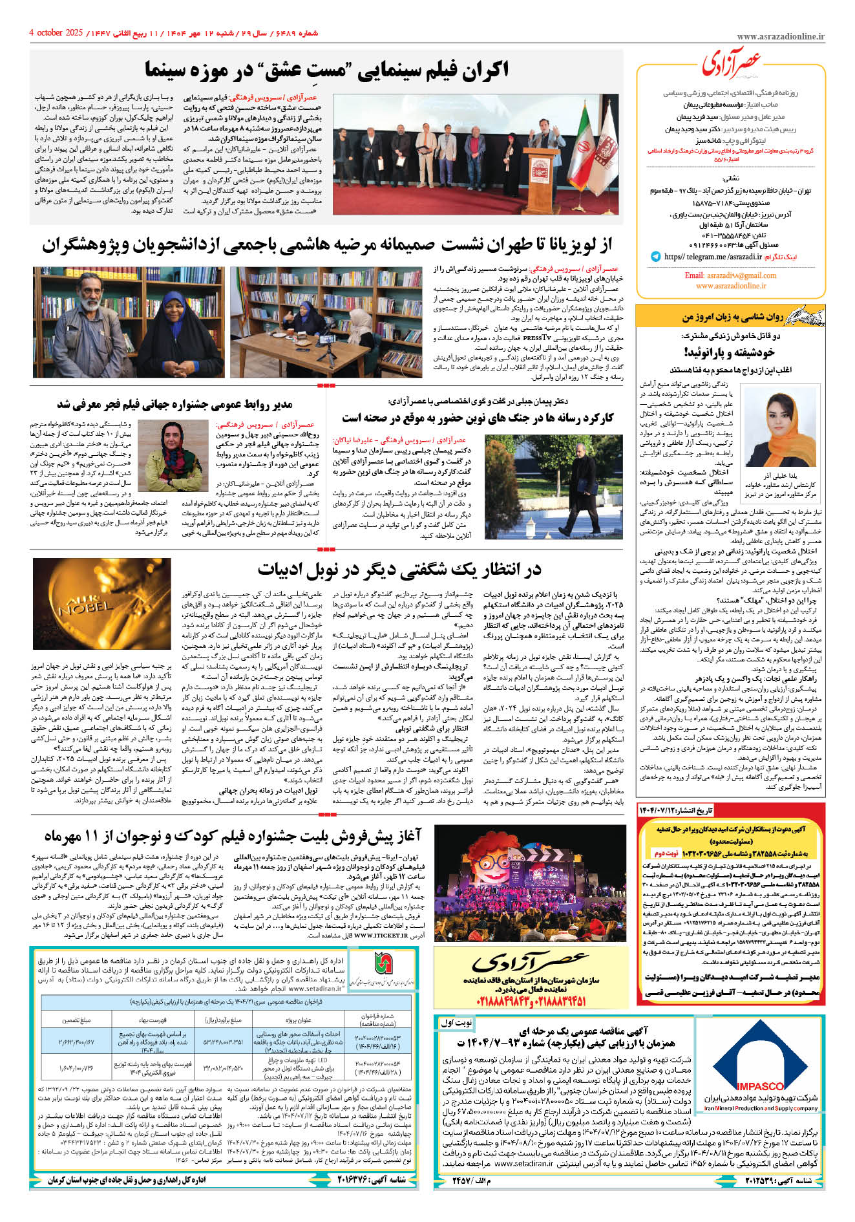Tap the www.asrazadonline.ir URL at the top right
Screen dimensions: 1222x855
point(780,37)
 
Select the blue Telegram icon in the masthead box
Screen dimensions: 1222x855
point(655,257)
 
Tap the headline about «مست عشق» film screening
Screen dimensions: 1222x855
point(326,69)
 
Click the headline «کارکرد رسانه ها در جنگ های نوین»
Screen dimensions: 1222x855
point(478,417)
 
